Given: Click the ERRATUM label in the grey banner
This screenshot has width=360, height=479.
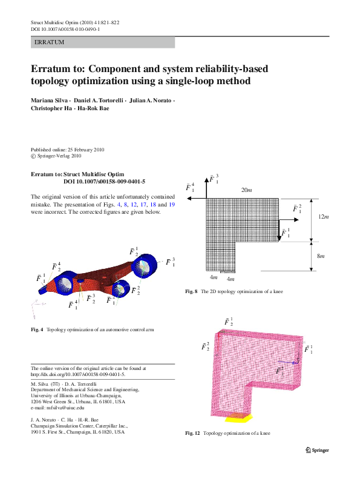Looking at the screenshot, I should [49, 42].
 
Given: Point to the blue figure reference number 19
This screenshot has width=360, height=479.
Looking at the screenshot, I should [171, 205].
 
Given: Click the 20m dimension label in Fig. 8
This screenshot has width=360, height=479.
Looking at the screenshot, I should [246, 191].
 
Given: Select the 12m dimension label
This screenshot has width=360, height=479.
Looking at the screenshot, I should [324, 217].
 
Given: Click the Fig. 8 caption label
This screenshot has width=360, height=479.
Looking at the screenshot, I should [191, 292].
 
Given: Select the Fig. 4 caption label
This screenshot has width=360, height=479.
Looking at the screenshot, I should [37, 330].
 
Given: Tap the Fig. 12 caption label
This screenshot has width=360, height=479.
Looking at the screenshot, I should [193, 434].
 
